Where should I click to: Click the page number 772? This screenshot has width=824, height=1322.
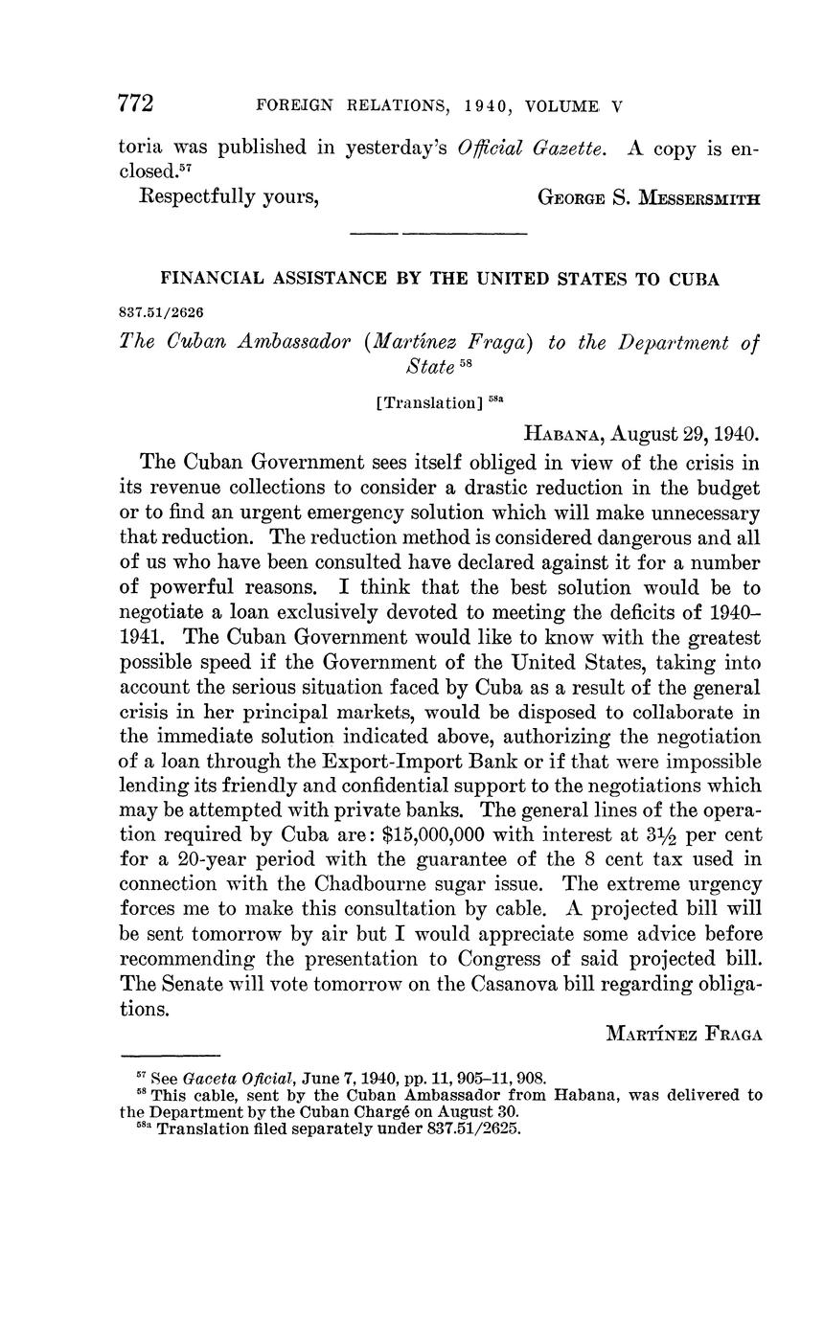point(136,103)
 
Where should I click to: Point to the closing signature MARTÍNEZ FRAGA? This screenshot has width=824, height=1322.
point(684,1034)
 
